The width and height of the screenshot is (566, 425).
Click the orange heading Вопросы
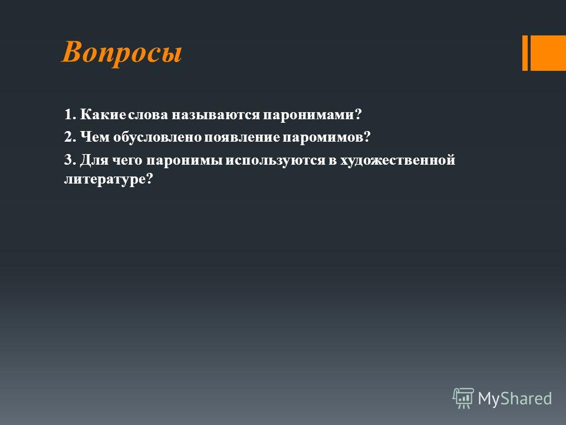(122, 53)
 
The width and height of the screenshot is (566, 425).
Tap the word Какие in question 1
(103, 114)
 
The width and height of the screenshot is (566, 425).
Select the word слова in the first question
(148, 115)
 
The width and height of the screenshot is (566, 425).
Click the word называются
(216, 115)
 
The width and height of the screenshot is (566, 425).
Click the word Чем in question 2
(94, 137)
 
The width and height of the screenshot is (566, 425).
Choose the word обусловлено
(158, 137)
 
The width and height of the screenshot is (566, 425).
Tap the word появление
(242, 138)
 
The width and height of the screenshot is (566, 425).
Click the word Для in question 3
(94, 160)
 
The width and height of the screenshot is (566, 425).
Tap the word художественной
(397, 160)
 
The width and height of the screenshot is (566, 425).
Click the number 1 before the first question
(67, 114)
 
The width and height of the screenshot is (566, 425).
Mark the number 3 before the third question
(68, 159)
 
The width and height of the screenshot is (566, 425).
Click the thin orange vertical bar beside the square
(525, 53)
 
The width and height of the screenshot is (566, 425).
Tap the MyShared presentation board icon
(463, 398)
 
